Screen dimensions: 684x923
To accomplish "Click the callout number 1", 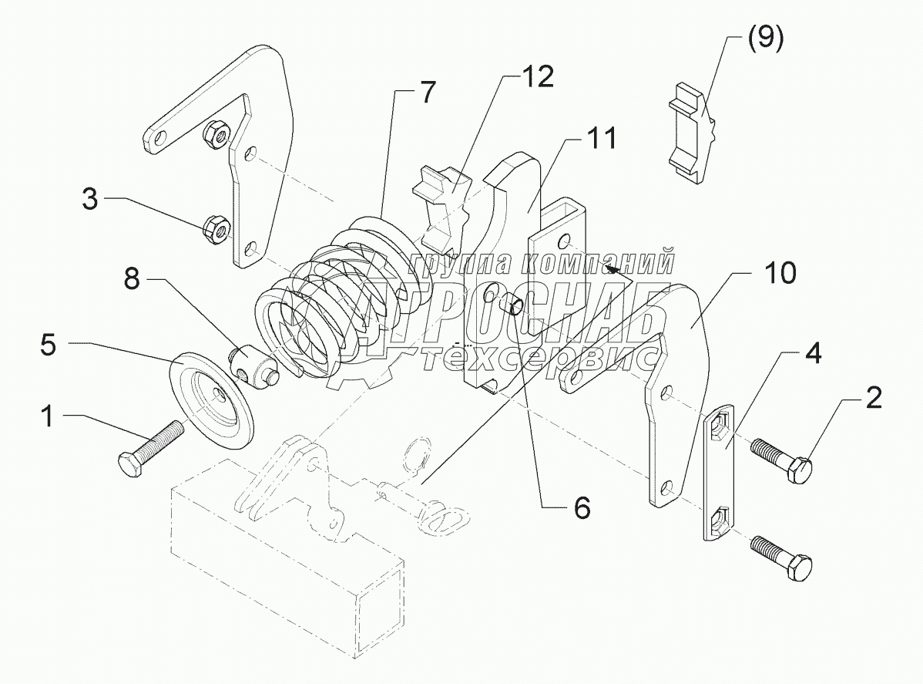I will (48, 417).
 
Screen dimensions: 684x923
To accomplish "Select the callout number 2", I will (874, 399).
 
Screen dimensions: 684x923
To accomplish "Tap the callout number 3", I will (92, 201).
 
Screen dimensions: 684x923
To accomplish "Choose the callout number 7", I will (426, 93).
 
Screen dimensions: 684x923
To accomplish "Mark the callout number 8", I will (133, 280).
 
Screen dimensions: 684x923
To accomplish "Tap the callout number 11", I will (599, 140).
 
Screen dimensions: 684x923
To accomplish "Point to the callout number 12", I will (536, 76).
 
